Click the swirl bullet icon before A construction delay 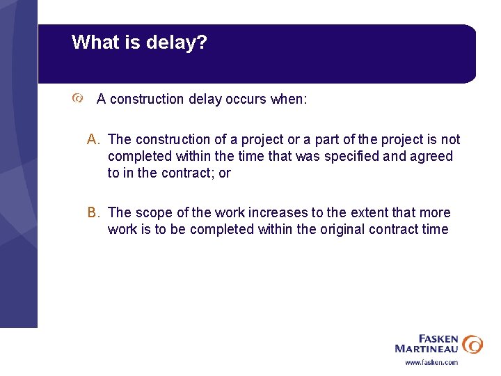[78, 100]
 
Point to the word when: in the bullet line [288, 100]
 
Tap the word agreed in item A [431, 157]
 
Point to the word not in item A [451, 140]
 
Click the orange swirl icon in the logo [472, 343]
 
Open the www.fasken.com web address [431, 362]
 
